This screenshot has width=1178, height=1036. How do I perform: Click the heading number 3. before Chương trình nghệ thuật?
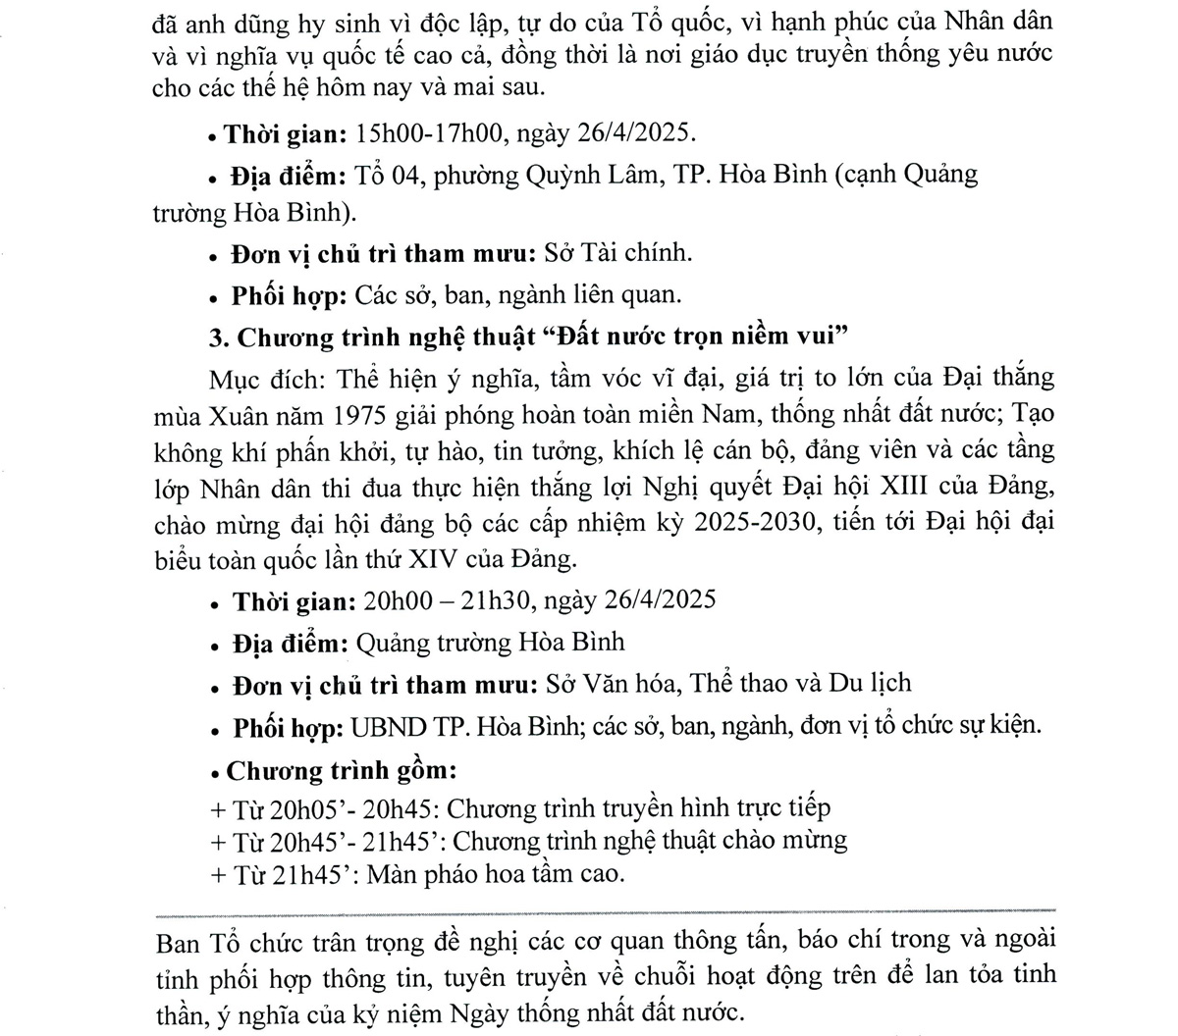click(219, 337)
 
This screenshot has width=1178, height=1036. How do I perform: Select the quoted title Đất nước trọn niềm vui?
click(696, 337)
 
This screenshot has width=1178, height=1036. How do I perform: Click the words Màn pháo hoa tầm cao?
click(496, 873)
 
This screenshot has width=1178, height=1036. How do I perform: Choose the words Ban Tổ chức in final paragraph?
click(235, 942)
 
